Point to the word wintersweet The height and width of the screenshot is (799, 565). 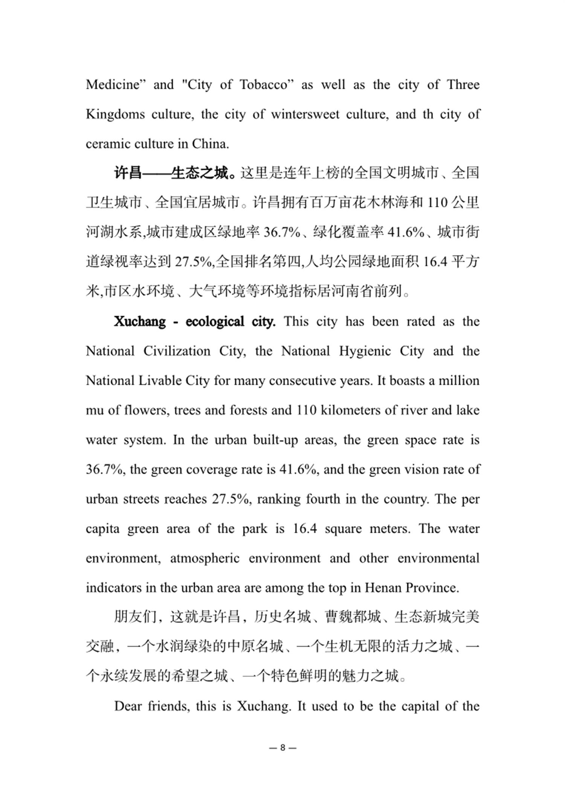click(x=305, y=114)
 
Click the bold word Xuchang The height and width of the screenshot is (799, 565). click(x=140, y=322)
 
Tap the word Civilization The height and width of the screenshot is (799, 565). click(x=177, y=351)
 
